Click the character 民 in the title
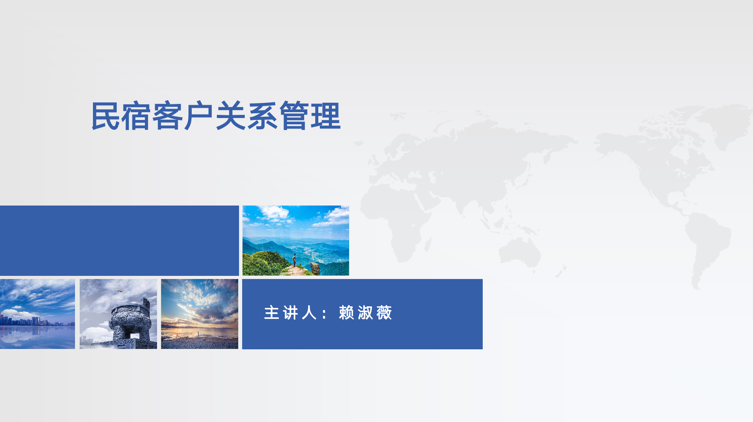(105, 116)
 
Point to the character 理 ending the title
(326, 116)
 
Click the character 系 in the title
(262, 116)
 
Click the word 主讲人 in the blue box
(290, 313)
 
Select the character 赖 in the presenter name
(346, 313)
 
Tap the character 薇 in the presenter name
(384, 313)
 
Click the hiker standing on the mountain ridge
(294, 260)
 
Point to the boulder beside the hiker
(315, 268)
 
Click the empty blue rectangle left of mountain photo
(119, 241)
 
